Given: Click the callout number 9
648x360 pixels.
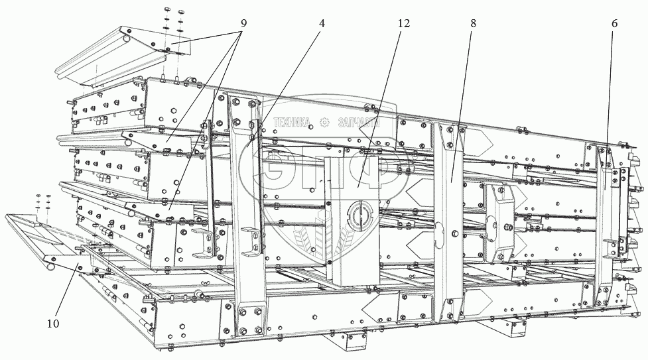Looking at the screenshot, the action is (243, 23).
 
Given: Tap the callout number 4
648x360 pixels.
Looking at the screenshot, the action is (322, 23).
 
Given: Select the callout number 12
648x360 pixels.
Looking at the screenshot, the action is (404, 23).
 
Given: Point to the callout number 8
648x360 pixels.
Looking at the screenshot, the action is (473, 23).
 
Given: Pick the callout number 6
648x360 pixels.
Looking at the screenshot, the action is (614, 23).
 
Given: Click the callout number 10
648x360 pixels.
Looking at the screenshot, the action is (53, 324).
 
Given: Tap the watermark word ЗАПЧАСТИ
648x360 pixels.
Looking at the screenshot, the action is (358, 123).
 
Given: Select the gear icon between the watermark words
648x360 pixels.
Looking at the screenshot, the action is (324, 122).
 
